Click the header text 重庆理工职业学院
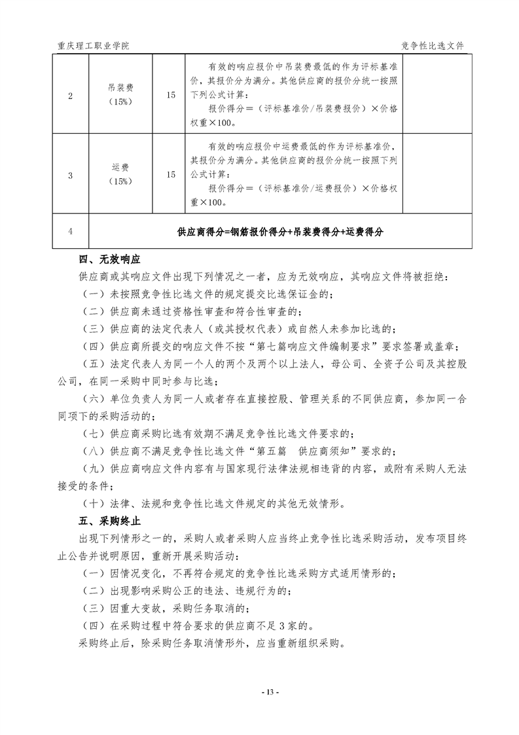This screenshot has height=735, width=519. click(x=94, y=46)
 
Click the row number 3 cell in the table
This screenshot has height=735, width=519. click(x=71, y=175)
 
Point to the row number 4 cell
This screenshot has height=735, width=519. click(x=71, y=232)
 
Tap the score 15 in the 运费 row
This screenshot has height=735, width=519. click(x=171, y=175)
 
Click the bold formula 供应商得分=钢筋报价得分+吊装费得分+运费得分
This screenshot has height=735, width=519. click(x=280, y=232)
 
